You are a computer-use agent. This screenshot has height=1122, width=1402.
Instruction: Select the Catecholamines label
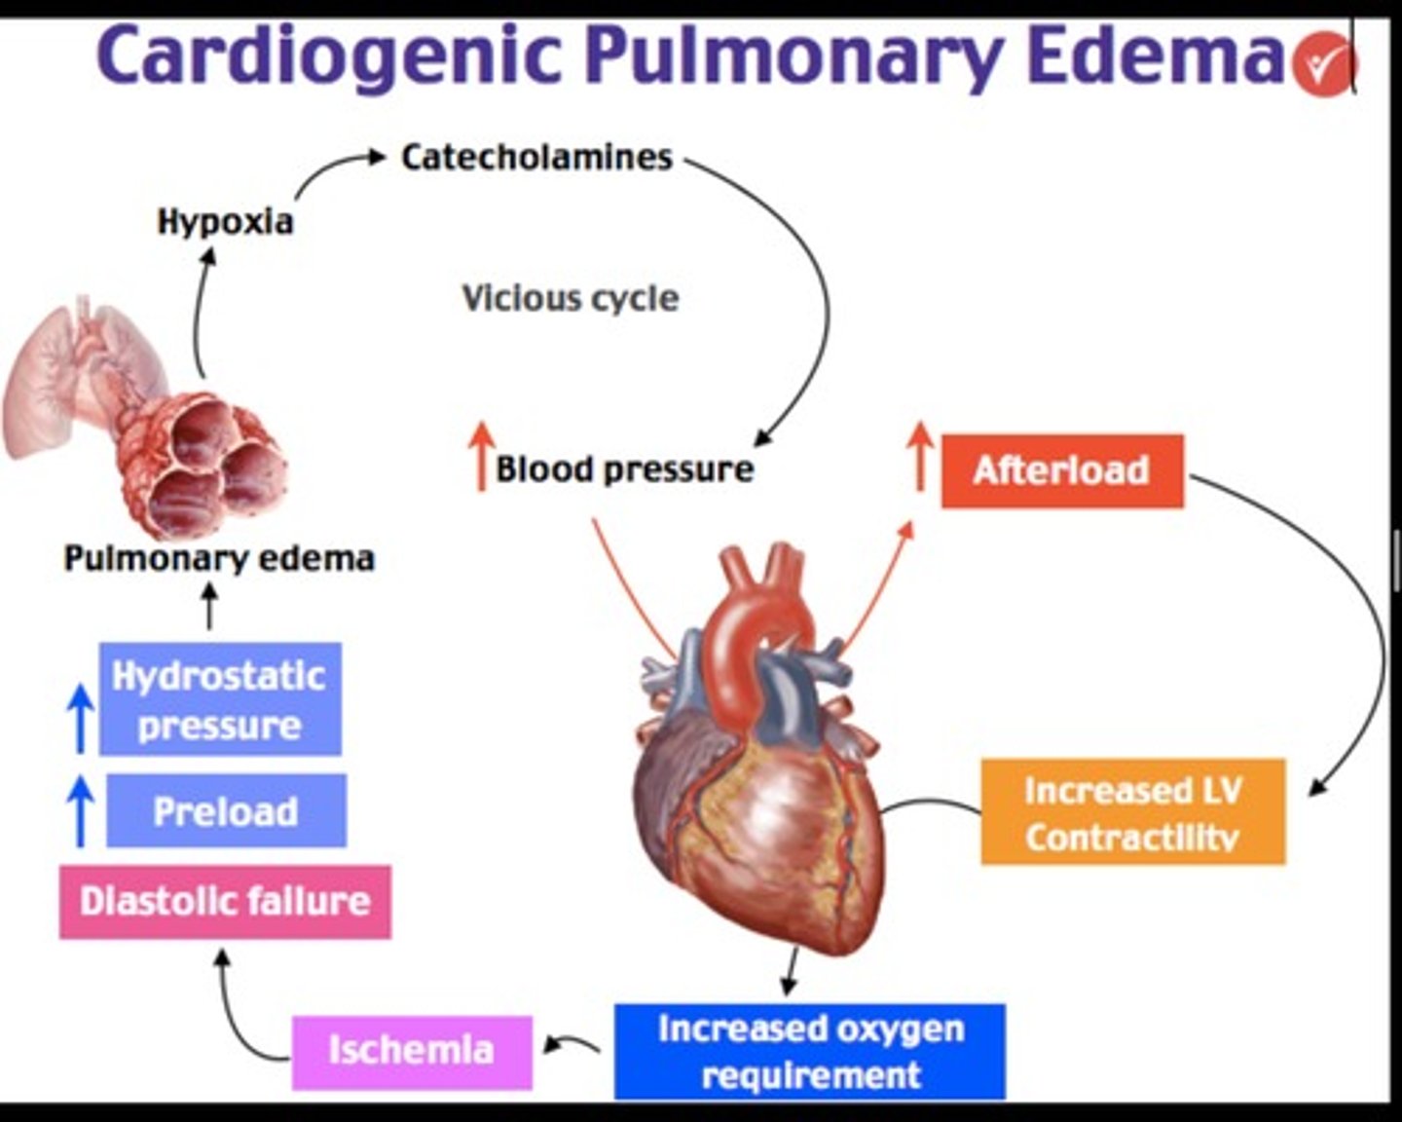pos(536,157)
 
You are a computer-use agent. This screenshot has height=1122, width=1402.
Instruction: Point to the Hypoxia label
pos(225,221)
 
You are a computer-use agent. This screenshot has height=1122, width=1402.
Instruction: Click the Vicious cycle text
pos(570,297)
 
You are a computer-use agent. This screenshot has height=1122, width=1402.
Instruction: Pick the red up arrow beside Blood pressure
pos(480,456)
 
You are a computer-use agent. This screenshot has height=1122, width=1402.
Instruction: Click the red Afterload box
pos(1062,470)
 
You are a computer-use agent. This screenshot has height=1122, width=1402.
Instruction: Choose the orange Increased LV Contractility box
pos(1132,811)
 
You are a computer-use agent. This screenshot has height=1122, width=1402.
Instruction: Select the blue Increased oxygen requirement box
pos(810,1051)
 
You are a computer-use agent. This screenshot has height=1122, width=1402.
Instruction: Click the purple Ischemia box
pos(412,1051)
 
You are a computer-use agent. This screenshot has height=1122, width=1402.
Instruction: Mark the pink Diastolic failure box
pos(225,901)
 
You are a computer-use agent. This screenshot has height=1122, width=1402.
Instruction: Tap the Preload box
pos(226,810)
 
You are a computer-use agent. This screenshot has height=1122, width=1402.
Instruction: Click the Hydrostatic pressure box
pos(220,699)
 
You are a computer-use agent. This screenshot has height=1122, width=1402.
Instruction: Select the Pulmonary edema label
pos(219,558)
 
